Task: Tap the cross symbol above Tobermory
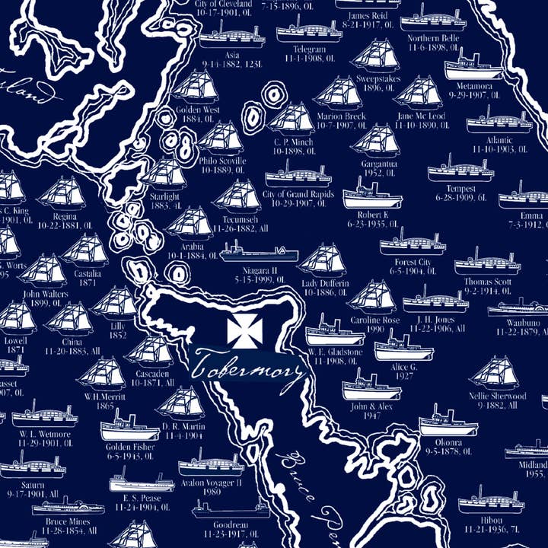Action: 243,330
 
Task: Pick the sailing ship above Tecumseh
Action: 237,196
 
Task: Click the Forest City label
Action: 409,263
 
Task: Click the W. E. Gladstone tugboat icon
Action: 335,332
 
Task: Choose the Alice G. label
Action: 403,366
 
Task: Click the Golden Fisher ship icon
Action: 130,427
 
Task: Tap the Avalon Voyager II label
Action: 212,483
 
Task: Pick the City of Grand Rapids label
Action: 298,195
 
